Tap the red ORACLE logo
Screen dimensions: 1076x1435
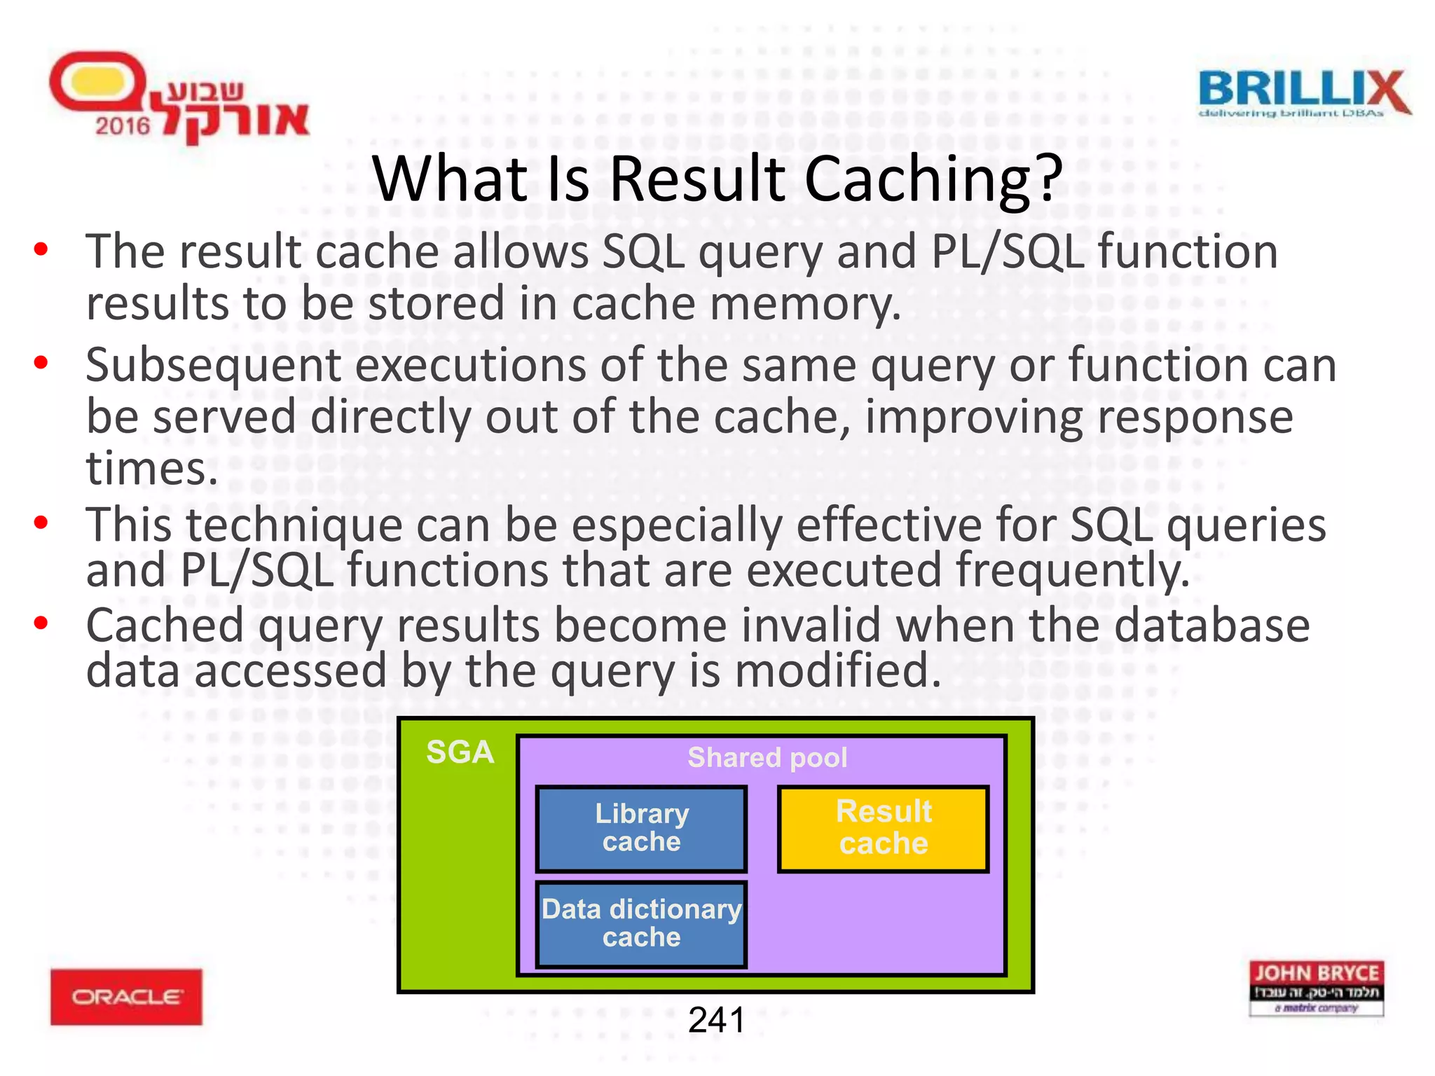126,996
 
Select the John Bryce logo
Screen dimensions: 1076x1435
1316,988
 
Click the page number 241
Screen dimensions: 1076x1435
716,1020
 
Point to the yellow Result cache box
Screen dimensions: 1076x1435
883,829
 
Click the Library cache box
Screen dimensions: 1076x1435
641,829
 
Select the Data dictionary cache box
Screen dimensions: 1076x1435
641,924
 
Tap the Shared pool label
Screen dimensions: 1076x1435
767,757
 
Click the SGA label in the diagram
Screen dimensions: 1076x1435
460,752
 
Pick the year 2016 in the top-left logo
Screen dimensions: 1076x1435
123,126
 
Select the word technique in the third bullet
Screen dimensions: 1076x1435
294,525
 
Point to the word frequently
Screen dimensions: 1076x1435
1072,570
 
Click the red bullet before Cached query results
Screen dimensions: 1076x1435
41,622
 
